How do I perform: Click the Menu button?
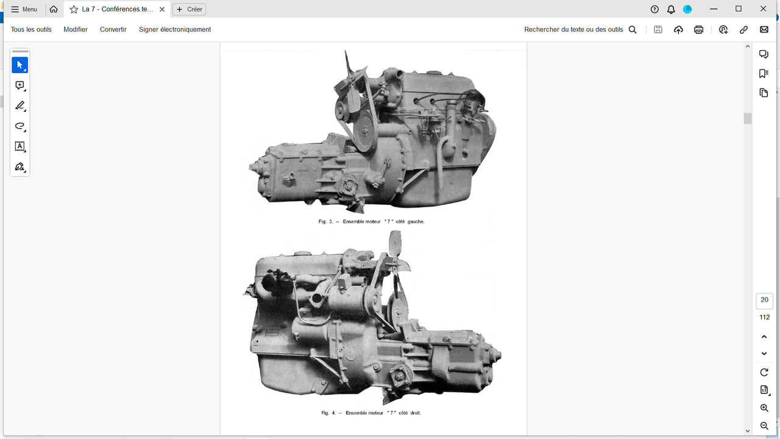click(24, 9)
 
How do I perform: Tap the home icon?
click(54, 9)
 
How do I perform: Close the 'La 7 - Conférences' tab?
click(162, 9)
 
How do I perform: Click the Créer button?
click(189, 9)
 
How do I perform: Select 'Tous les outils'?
click(31, 30)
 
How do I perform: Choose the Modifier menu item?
click(76, 30)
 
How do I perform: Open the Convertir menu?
click(113, 30)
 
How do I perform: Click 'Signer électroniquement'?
click(175, 30)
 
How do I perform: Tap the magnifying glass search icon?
click(633, 30)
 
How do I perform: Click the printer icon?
click(698, 30)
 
